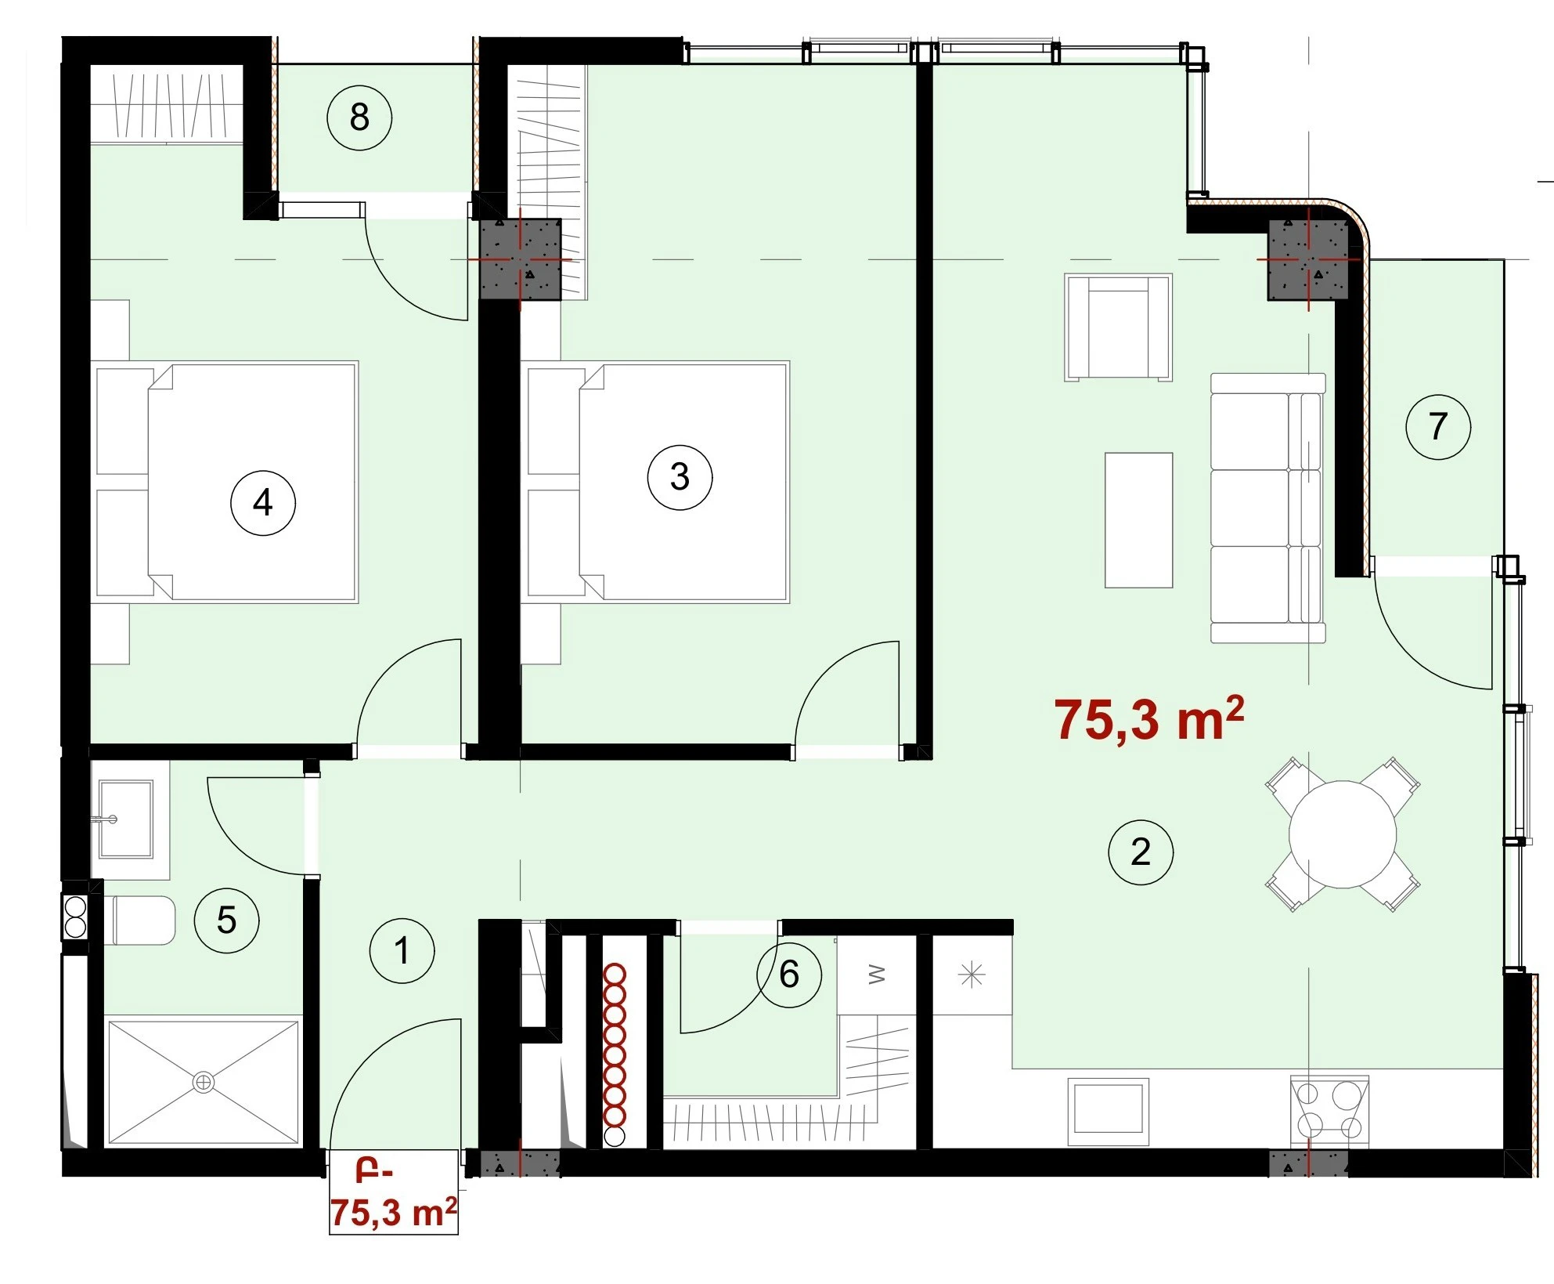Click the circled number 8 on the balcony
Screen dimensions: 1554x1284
(x=359, y=118)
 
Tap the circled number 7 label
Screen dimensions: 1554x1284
(x=1438, y=427)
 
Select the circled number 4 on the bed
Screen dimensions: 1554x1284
(x=263, y=503)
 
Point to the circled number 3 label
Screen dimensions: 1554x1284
(x=680, y=476)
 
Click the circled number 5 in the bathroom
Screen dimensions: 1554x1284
(x=226, y=920)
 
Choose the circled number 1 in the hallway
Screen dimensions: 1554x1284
(x=402, y=951)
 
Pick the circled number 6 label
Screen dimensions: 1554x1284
(x=789, y=975)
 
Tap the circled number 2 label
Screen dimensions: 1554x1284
(x=1141, y=852)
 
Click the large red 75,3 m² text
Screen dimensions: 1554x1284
(x=1149, y=719)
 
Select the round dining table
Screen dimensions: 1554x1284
(x=1343, y=834)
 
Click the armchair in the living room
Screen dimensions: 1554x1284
(x=1118, y=327)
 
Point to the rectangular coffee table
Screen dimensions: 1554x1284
(x=1138, y=520)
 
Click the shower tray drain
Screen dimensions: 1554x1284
(x=204, y=1082)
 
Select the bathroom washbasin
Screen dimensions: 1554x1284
(x=124, y=819)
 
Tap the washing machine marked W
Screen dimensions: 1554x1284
(x=876, y=975)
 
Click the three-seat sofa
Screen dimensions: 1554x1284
(x=1268, y=508)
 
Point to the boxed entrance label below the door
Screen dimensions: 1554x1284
(x=393, y=1192)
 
